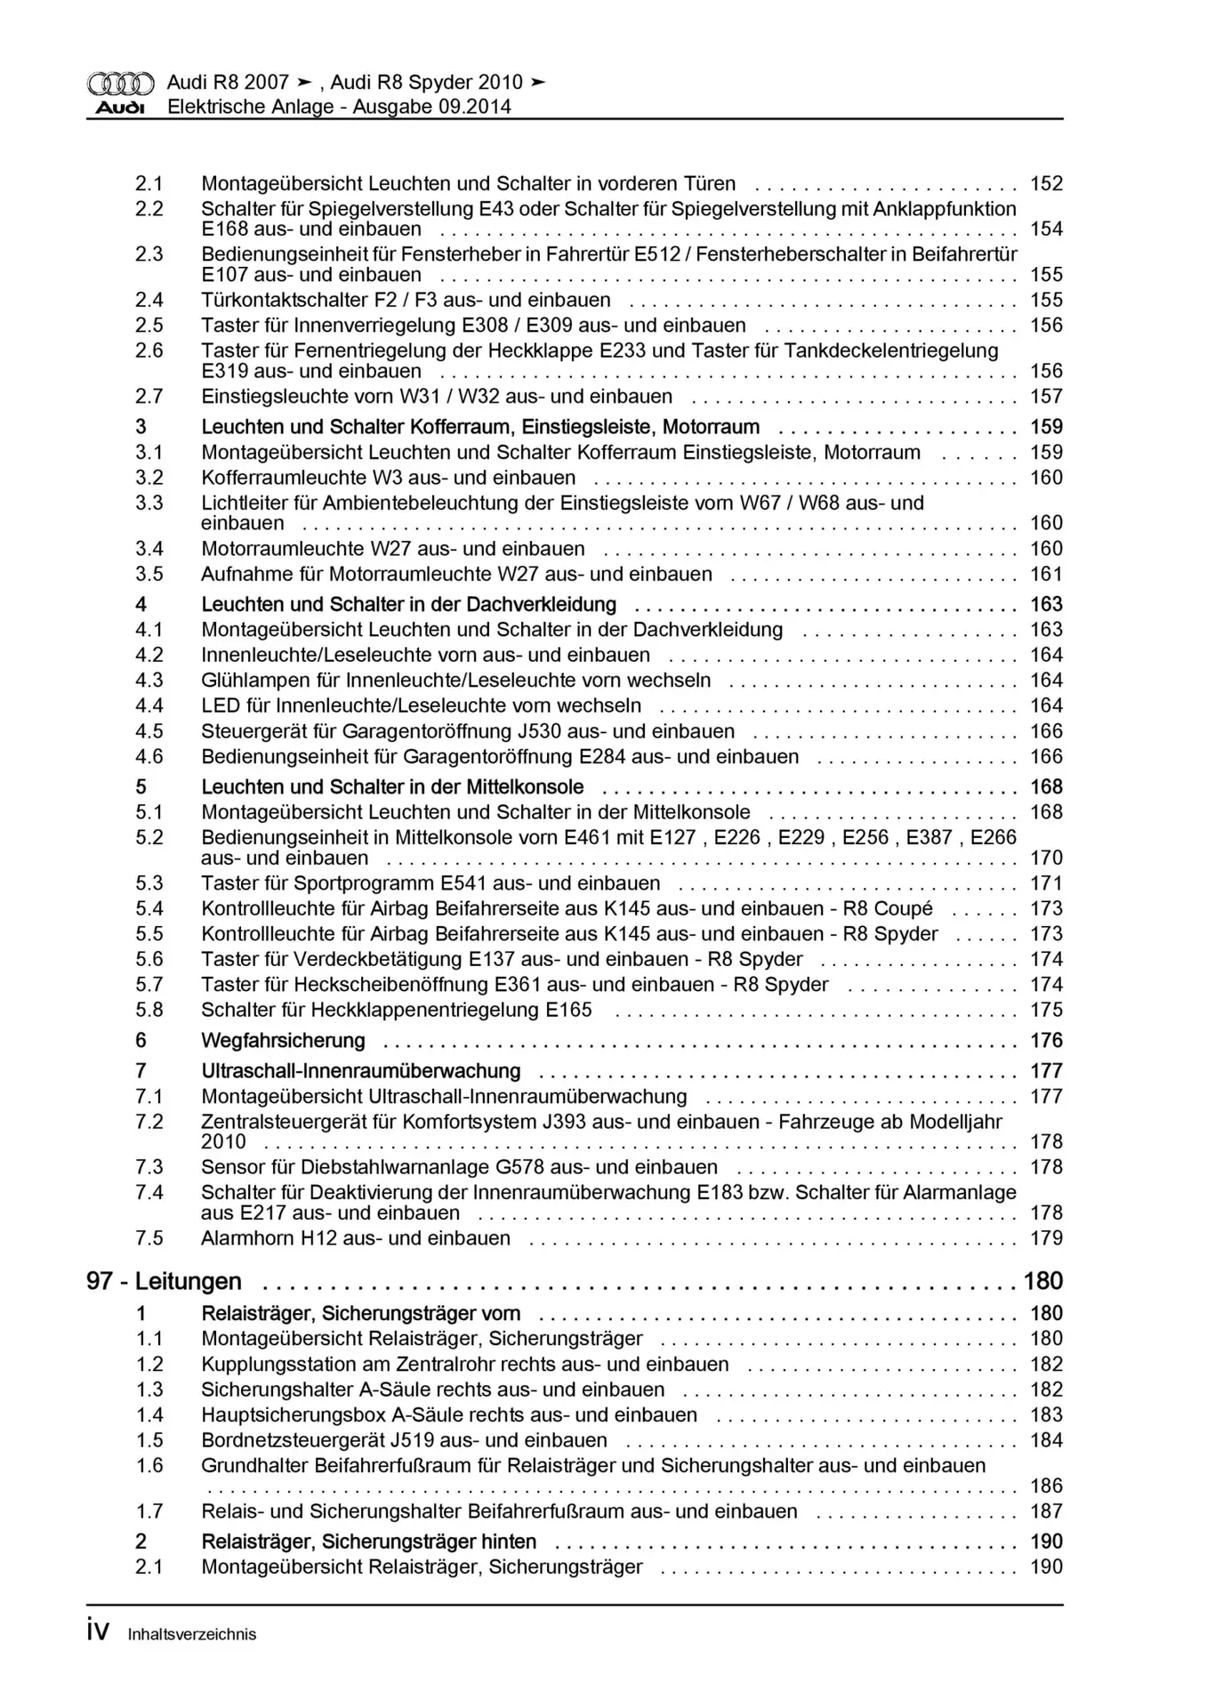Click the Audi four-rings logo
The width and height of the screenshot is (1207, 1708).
pos(120,84)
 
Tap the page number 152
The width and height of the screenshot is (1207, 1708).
pos(1046,184)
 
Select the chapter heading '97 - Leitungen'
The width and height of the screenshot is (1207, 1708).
pos(164,1281)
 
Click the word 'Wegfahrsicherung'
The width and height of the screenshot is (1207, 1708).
pos(283,1041)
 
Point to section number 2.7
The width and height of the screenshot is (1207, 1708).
pos(149,397)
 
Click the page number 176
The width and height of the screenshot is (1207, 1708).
pos(1046,1041)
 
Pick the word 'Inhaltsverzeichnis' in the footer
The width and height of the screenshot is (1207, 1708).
pos(192,1634)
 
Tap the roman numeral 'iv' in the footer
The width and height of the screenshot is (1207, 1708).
pos(98,1631)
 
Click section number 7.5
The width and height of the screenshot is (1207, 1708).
pos(149,1238)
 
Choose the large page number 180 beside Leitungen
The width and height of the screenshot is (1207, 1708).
pos(1043,1281)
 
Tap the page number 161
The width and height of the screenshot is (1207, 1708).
pos(1046,575)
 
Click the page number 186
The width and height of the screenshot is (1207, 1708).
pos(1046,1486)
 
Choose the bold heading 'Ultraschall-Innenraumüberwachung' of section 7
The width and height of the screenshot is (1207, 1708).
pos(361,1071)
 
